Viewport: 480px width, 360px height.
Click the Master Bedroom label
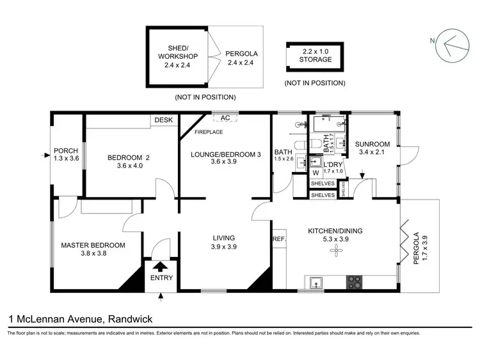click(x=93, y=245)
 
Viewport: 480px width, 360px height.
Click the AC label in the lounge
click(x=225, y=118)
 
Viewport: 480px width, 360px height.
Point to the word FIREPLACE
click(x=209, y=132)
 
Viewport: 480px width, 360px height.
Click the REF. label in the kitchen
click(x=279, y=239)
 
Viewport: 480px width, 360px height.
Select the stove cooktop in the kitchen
click(x=354, y=281)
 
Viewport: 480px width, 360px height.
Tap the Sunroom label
click(x=372, y=145)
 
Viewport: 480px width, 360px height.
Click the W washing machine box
click(x=315, y=173)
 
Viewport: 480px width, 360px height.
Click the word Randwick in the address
click(x=131, y=318)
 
